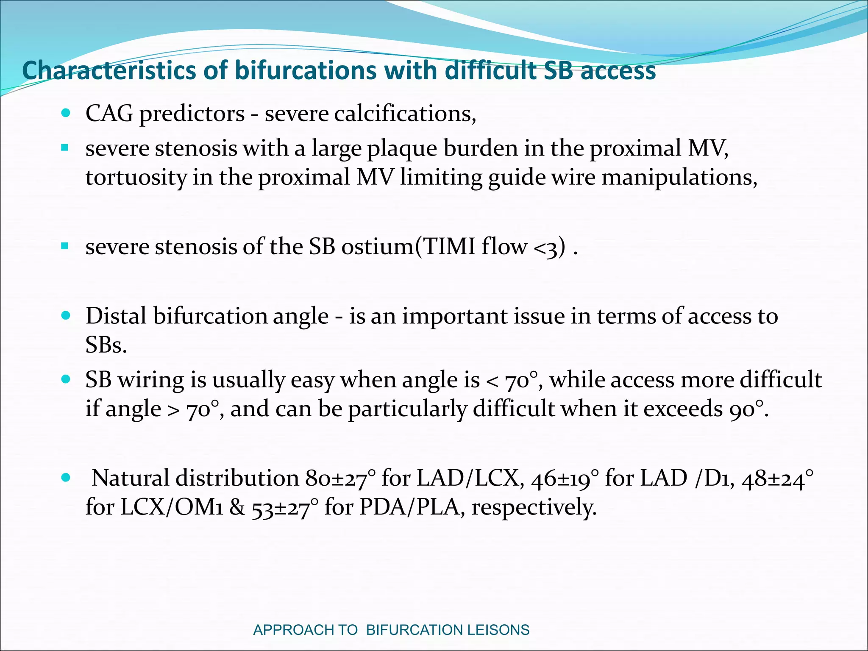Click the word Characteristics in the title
(x=108, y=70)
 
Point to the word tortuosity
(x=136, y=177)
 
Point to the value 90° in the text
(x=748, y=409)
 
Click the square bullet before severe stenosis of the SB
(x=65, y=246)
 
